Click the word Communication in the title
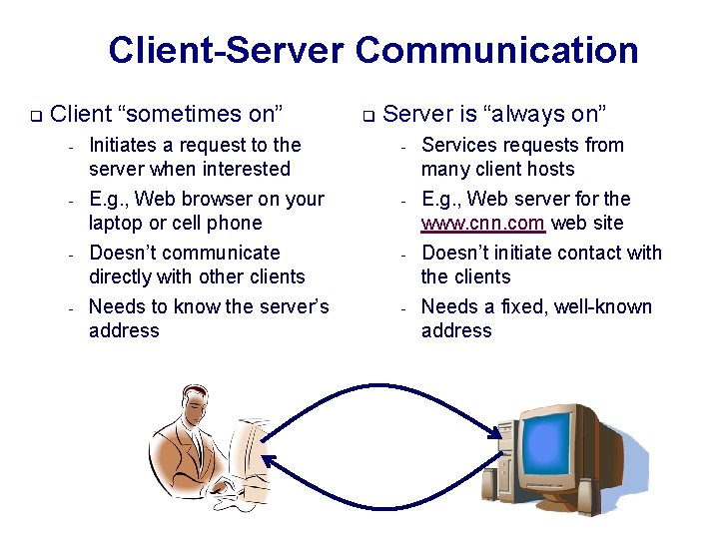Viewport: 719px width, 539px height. (496, 50)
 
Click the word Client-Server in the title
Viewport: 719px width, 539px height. (227, 50)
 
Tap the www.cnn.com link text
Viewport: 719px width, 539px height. (483, 223)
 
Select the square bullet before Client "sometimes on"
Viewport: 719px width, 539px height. (34, 116)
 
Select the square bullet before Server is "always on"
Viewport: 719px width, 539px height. (366, 116)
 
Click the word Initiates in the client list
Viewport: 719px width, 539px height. (124, 146)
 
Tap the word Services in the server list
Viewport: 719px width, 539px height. (460, 146)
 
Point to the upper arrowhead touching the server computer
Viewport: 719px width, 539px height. (495, 430)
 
